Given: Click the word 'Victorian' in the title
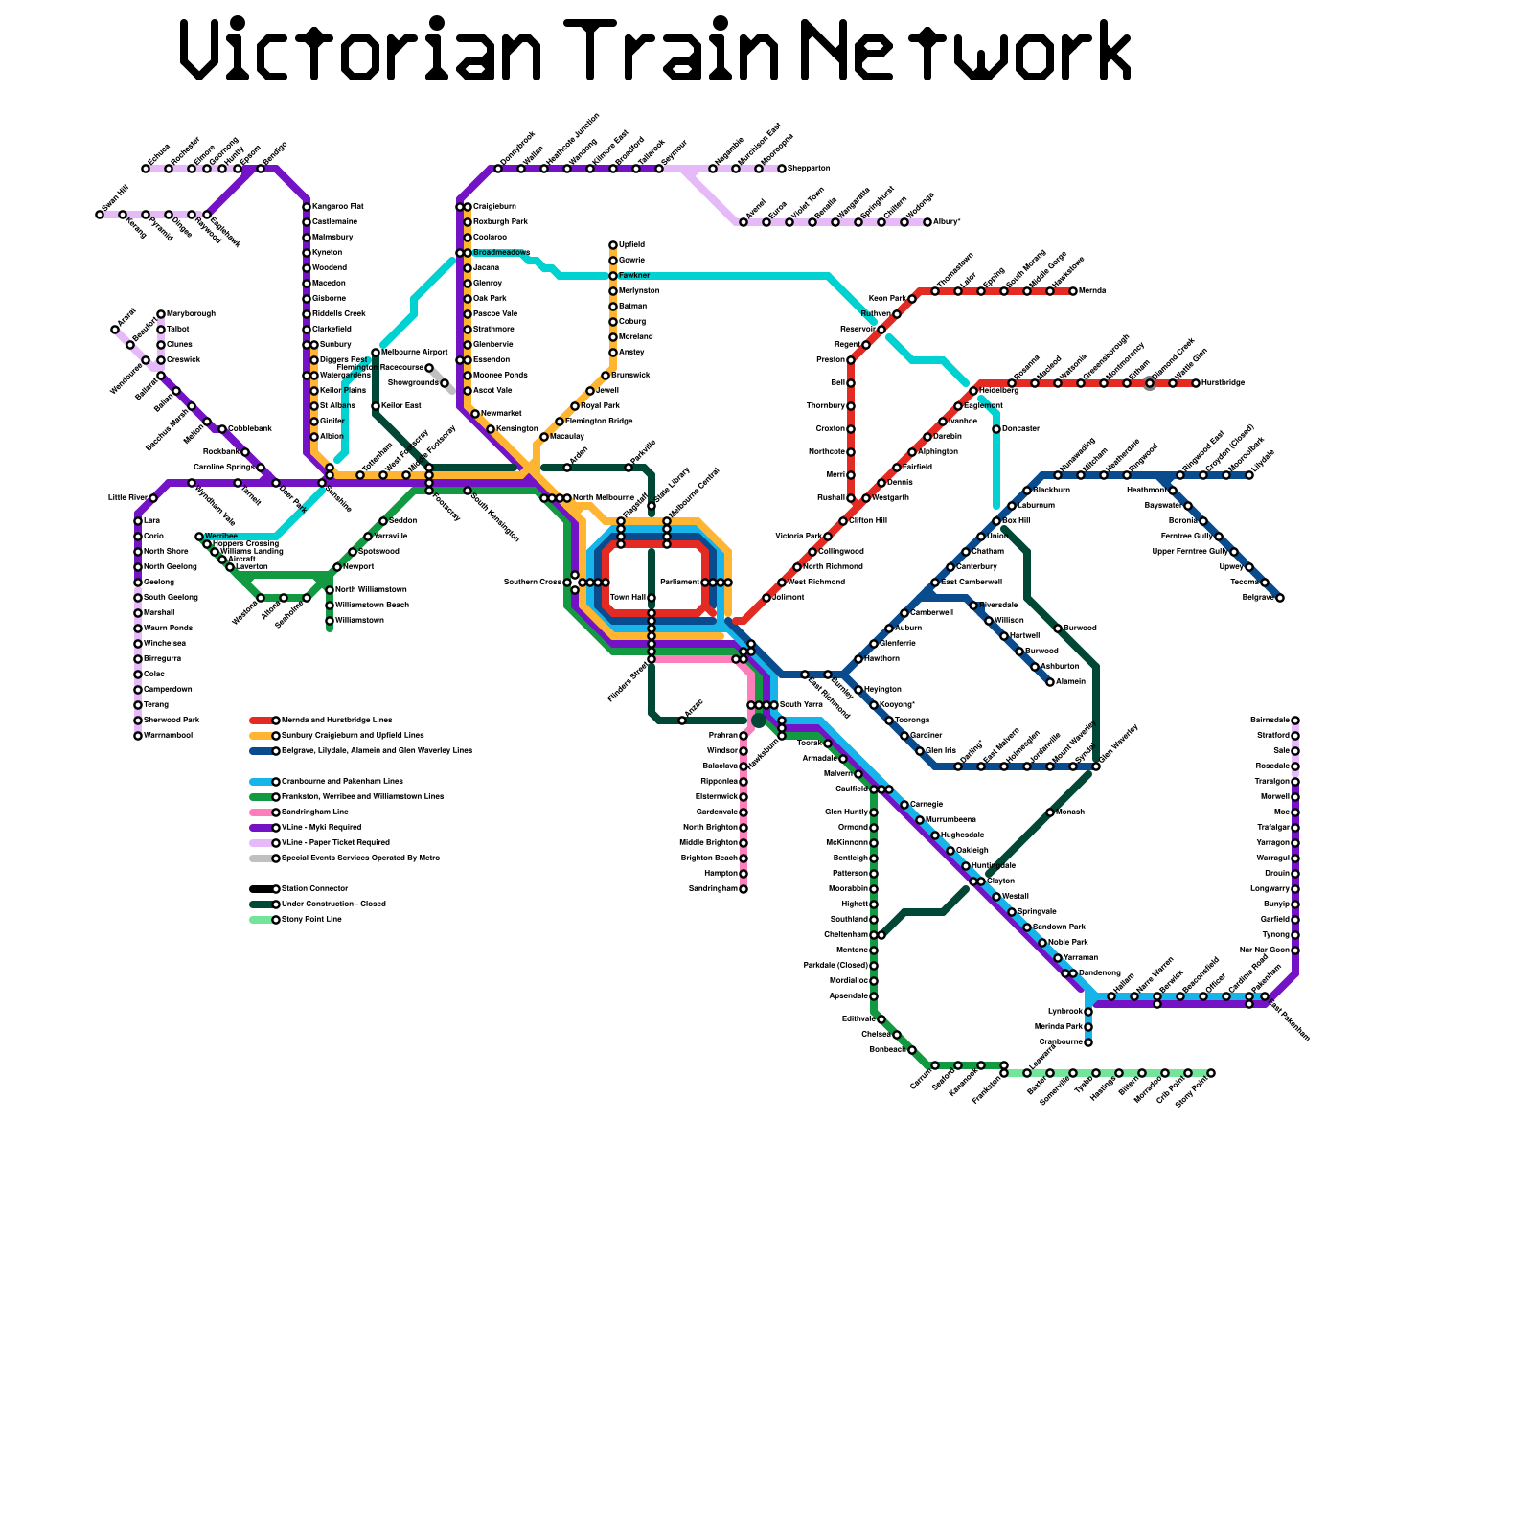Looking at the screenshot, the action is [361, 50].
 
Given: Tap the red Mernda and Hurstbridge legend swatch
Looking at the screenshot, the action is [261, 721].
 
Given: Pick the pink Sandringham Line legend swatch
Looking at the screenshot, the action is [261, 812].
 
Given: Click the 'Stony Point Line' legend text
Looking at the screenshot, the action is [311, 920].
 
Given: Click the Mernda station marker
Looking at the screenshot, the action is [1073, 291].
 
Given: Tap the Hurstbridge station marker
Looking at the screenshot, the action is [1196, 383].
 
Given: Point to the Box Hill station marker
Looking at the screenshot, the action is [996, 521].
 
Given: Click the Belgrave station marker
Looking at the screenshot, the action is [1280, 598].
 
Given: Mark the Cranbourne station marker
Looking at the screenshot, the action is [1088, 1042].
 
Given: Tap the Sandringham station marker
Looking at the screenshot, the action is [744, 889].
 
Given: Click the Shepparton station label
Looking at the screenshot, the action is [809, 169].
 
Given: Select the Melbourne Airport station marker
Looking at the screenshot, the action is [376, 353].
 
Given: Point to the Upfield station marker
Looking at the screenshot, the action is [613, 245].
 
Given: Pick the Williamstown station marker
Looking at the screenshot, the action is [330, 621].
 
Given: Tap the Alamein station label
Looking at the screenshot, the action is [1071, 682].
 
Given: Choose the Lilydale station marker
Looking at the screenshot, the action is [1249, 475].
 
